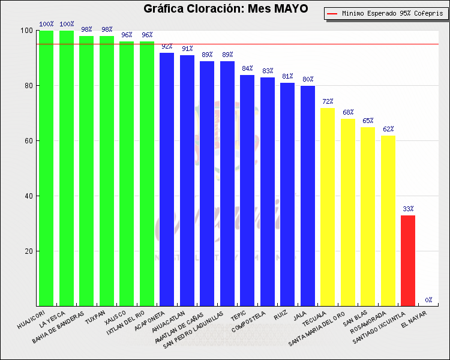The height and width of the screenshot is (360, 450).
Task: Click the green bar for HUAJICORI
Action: (x=46, y=168)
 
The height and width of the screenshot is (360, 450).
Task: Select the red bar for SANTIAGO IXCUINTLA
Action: (x=408, y=261)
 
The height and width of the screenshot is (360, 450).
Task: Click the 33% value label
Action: (x=408, y=209)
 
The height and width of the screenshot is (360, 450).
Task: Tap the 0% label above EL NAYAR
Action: (x=428, y=300)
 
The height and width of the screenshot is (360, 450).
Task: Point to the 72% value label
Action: (x=328, y=101)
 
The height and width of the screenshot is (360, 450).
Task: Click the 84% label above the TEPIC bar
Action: (x=247, y=68)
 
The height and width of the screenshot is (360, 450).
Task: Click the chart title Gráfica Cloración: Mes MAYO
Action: (x=226, y=8)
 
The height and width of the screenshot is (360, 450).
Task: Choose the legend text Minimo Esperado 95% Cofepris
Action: (x=391, y=13)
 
